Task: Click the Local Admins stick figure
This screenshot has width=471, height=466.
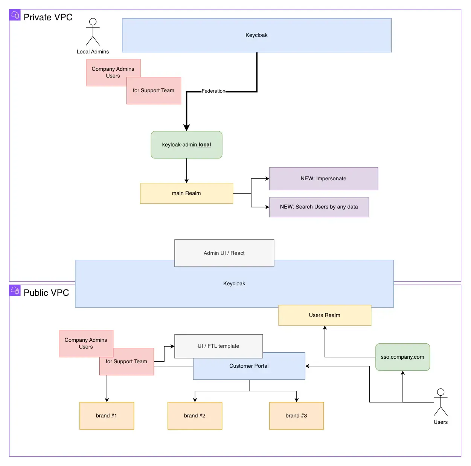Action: (93, 32)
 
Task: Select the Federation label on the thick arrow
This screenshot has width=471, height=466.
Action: (213, 91)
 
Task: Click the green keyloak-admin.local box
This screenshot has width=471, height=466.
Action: (186, 145)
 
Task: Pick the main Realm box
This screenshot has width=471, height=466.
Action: (186, 193)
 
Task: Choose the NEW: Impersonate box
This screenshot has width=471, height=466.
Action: (323, 178)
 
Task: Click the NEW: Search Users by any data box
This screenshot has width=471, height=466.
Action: (319, 207)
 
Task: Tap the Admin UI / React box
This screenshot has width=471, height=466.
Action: (224, 253)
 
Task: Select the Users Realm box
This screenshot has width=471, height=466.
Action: (325, 315)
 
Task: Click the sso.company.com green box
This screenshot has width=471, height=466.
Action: (402, 357)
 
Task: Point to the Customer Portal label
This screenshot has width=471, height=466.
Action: (249, 366)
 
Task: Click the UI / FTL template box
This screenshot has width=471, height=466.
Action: (218, 346)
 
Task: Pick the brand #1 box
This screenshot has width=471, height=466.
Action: (107, 416)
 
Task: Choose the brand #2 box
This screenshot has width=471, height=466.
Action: (195, 416)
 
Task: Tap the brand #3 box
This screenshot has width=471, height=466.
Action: (296, 416)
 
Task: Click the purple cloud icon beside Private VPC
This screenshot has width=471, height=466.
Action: (15, 15)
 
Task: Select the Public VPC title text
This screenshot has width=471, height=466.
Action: (46, 293)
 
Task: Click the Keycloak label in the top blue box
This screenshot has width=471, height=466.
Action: (256, 35)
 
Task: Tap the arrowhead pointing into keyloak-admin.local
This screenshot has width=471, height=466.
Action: (186, 128)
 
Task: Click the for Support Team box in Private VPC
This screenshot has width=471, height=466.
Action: (154, 90)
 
